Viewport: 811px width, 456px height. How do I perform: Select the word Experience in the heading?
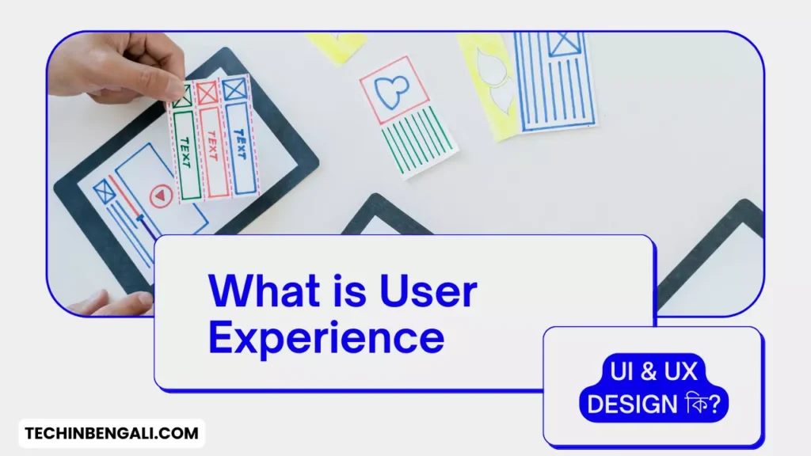(x=326, y=336)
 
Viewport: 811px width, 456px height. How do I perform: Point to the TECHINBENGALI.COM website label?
(x=112, y=434)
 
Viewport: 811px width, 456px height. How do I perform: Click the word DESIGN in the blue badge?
(x=632, y=404)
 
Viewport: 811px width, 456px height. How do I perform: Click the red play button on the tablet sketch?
(x=161, y=195)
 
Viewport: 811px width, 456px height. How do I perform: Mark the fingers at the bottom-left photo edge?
(x=119, y=303)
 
